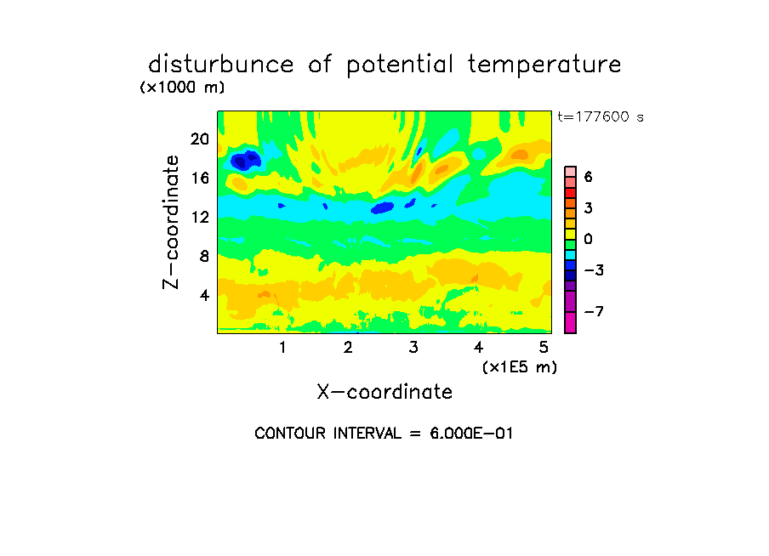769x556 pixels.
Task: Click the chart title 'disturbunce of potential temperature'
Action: (x=384, y=65)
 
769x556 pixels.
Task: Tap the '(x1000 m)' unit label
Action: (x=182, y=88)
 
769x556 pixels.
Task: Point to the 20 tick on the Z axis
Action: (x=200, y=139)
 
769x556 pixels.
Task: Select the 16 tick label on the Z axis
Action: (x=200, y=178)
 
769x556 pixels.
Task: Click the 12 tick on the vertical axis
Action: (x=200, y=217)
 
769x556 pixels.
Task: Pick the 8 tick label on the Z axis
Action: (x=204, y=257)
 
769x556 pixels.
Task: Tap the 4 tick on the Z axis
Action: (x=204, y=295)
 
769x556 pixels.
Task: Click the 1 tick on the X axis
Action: (x=282, y=348)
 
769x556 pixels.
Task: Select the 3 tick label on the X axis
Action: (x=413, y=348)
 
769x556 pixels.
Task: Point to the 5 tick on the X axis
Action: (x=544, y=348)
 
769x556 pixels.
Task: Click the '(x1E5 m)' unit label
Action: (x=520, y=367)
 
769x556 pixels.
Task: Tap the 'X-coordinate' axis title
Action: (x=384, y=392)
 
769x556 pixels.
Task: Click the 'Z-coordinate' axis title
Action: (x=171, y=222)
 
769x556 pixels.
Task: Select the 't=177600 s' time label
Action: (x=601, y=116)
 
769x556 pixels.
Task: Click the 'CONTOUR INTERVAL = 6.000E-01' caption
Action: (x=384, y=434)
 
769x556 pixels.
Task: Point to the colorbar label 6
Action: (x=589, y=177)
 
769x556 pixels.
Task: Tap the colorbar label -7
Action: (x=594, y=311)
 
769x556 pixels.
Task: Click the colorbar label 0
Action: (x=589, y=239)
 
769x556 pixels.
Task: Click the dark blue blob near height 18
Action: (x=246, y=160)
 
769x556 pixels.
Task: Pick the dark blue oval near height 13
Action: (x=383, y=208)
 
